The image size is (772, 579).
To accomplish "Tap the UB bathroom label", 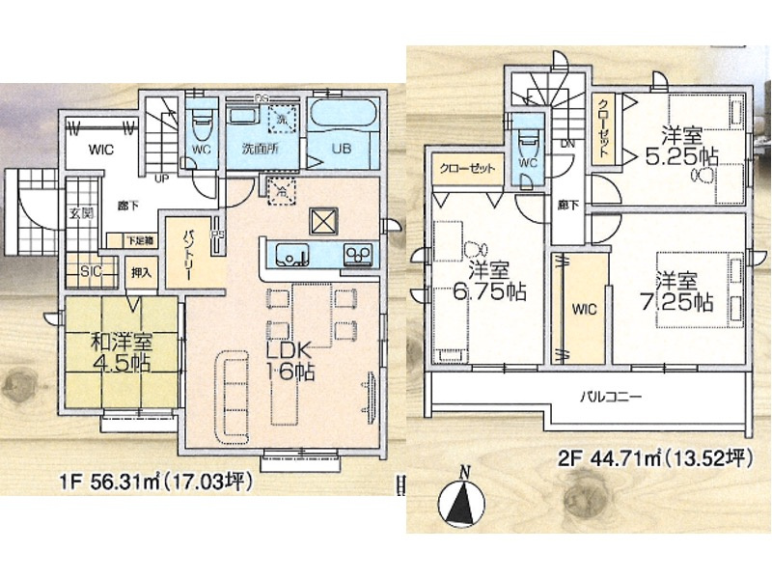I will pos(342,149).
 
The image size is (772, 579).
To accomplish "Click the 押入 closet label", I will pos(141,272).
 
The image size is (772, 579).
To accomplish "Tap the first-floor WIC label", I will pos(102,150).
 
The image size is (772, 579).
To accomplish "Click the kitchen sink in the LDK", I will pos(289,255).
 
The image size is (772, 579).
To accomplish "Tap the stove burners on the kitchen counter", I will pos(359,255).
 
